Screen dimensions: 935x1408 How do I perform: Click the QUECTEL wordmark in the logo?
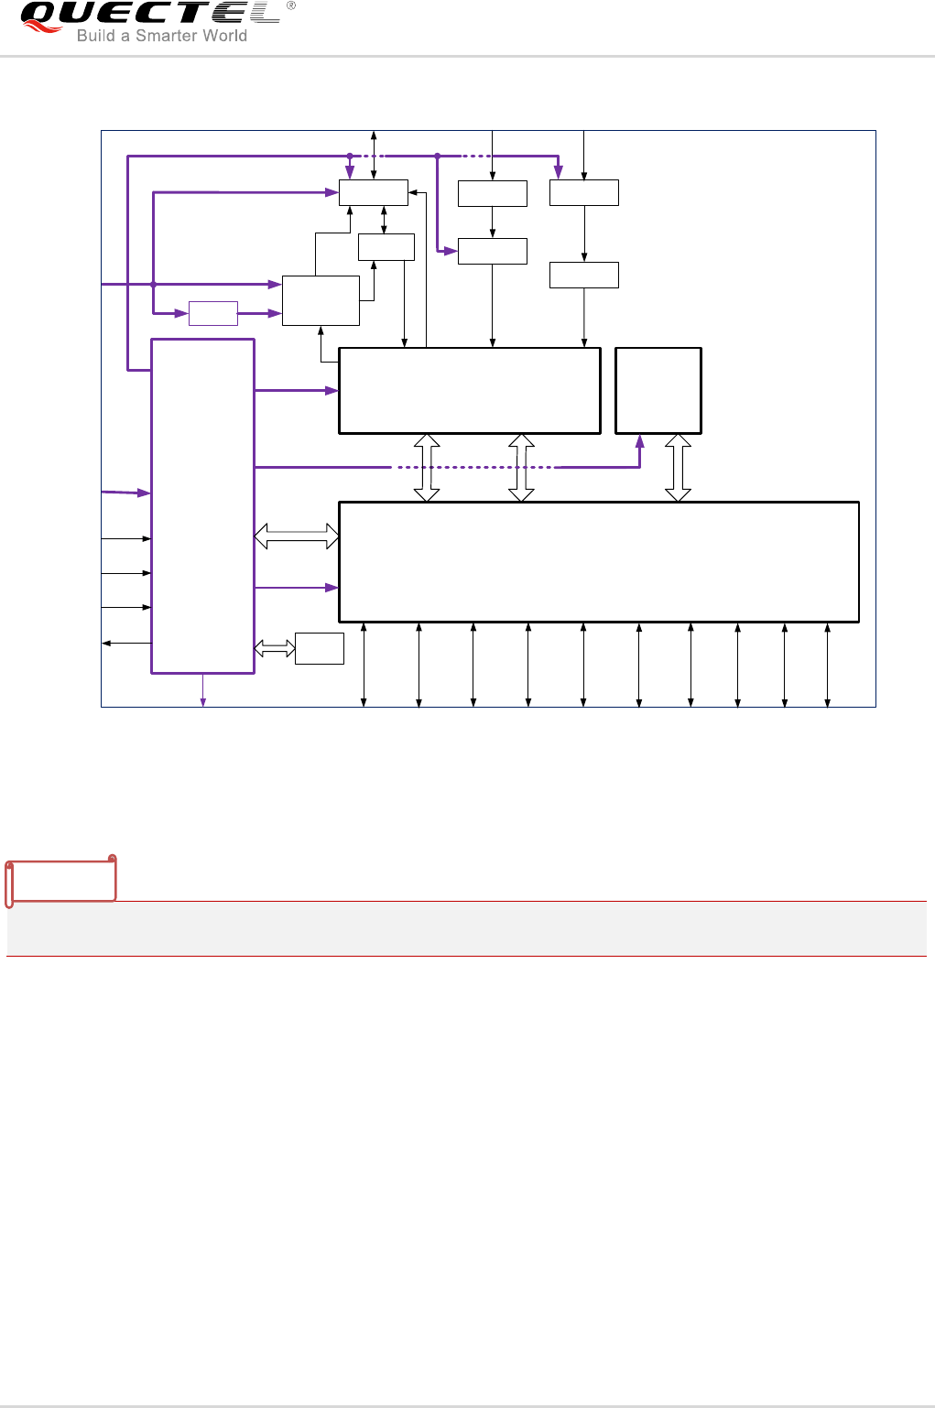151,13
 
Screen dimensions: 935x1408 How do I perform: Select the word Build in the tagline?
95,36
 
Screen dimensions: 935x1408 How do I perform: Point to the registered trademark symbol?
291,5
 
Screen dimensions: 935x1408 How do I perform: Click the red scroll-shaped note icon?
61,880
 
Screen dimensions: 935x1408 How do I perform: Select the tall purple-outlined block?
202,506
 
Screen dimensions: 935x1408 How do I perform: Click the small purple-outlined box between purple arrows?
213,313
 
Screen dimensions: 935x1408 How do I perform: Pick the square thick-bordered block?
658,390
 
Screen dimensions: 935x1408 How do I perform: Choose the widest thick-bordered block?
599,561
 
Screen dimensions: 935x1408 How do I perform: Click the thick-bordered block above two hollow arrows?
470,390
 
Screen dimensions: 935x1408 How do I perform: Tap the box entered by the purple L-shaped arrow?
493,251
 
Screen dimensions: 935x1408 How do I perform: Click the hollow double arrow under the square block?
678,468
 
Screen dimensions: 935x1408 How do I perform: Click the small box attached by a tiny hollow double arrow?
320,648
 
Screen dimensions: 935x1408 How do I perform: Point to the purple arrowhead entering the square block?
640,441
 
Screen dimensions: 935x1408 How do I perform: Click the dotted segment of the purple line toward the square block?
473,467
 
